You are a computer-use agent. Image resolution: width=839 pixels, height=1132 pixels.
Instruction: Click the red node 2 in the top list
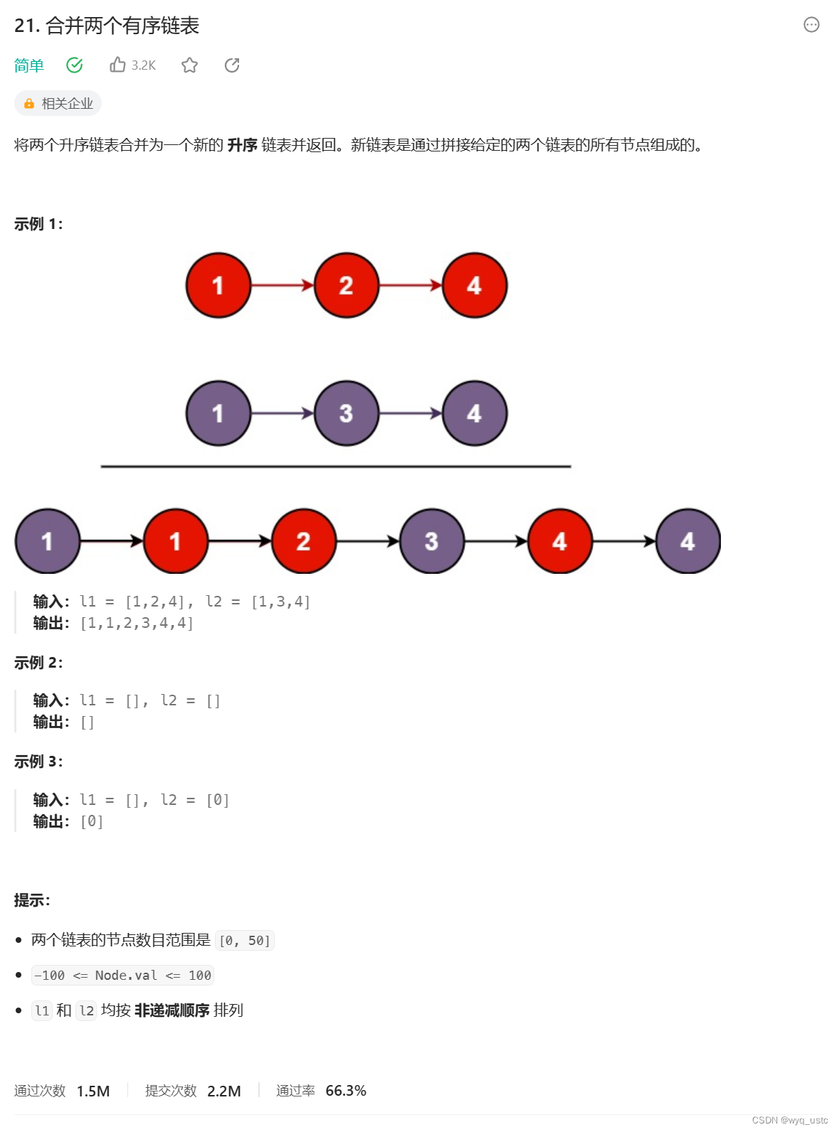347,285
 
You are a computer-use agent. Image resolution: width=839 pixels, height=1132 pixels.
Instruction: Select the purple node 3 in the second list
347,413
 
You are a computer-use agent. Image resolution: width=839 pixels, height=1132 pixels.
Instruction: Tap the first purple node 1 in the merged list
48,541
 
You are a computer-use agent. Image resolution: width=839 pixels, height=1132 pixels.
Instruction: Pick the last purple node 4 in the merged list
687,541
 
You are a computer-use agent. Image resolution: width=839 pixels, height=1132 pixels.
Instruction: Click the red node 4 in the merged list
559,541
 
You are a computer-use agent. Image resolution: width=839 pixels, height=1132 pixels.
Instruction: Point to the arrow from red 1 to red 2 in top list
283,285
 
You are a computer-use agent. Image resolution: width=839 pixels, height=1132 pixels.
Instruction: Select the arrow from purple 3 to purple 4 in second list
411,413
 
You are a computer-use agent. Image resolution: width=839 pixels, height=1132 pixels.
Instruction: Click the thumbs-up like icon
117,65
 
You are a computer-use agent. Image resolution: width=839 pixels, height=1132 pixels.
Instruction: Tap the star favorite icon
189,65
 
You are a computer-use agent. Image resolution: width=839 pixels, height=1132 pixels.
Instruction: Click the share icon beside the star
232,65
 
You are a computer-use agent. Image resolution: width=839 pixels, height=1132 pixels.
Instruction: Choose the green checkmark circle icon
75,65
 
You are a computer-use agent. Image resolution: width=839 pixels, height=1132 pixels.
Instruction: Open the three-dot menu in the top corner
811,25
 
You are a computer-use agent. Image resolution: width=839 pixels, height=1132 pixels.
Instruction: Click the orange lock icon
29,104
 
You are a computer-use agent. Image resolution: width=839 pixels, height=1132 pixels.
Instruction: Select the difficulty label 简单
29,65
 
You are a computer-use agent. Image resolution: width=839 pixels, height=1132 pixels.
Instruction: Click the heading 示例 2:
38,663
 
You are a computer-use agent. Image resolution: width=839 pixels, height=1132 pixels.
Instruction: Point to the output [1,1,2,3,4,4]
137,624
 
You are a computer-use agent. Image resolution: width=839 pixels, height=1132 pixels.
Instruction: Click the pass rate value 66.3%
346,1091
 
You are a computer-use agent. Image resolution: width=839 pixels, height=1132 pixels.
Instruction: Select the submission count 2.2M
224,1091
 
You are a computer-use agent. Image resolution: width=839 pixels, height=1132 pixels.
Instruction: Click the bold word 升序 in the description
242,145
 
